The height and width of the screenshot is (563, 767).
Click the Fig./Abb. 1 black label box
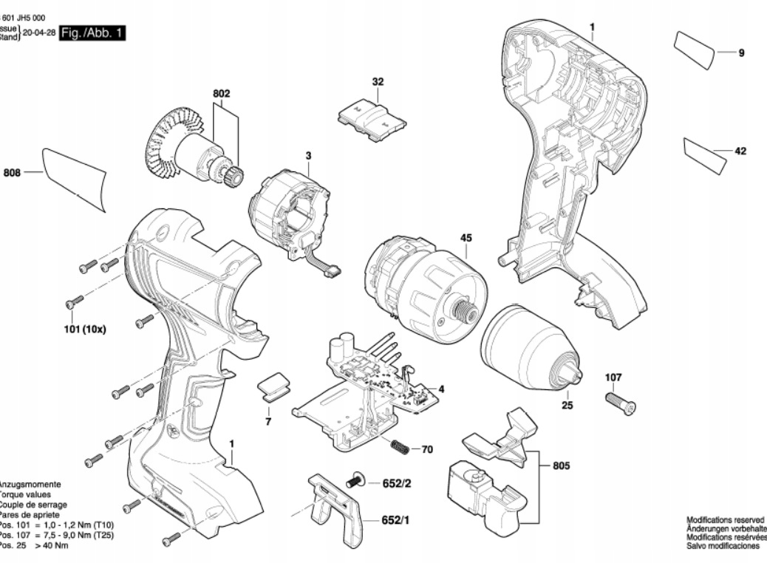[92, 33]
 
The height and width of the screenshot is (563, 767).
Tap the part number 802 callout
[222, 94]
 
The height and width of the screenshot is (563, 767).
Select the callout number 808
[12, 173]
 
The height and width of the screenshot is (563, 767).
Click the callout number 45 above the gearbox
[466, 238]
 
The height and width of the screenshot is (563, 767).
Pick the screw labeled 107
[620, 403]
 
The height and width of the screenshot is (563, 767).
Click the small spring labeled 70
[399, 447]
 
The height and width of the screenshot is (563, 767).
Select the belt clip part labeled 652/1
[336, 510]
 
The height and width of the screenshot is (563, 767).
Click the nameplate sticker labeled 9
[695, 50]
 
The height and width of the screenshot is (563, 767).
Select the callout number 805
[562, 466]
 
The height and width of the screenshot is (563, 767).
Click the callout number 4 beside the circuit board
[441, 389]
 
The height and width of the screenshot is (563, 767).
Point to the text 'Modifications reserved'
[726, 519]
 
